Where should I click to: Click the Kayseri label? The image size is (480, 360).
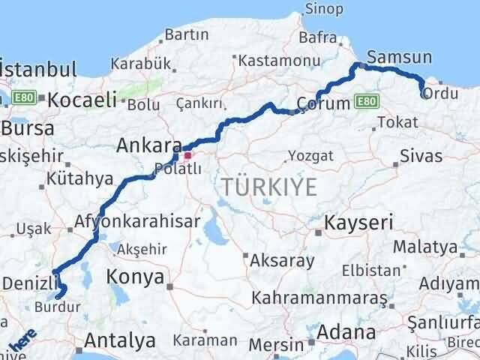[x=358, y=222]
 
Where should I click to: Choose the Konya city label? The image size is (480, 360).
[x=136, y=277]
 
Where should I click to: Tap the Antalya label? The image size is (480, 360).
[x=120, y=340]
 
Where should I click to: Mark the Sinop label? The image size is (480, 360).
[x=324, y=9]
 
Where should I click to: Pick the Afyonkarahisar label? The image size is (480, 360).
[x=137, y=221]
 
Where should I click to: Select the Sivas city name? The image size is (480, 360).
[x=421, y=156]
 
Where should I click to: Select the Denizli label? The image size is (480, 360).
[x=30, y=282]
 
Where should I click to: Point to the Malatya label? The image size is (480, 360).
[x=425, y=247]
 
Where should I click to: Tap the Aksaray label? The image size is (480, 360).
[x=283, y=261]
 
